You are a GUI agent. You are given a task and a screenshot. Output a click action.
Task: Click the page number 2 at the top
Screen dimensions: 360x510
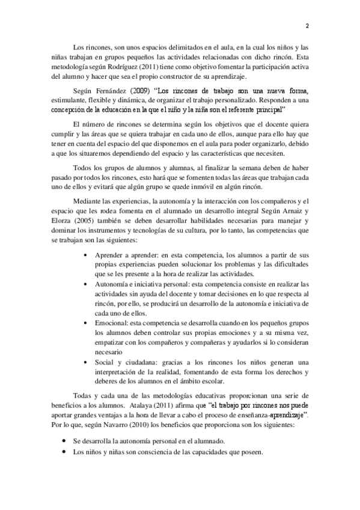point(307,26)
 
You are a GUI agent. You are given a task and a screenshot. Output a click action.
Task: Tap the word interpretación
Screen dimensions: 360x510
point(118,372)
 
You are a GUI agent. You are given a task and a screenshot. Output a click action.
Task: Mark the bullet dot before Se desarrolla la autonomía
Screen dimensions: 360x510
point(65,441)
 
